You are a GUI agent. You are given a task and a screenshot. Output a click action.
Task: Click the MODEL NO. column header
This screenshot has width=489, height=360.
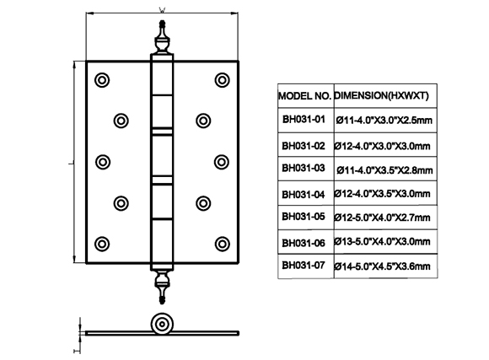pyautogui.click(x=304, y=96)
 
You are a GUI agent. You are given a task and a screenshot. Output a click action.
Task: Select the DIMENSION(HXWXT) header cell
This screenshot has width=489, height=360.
pyautogui.click(x=381, y=95)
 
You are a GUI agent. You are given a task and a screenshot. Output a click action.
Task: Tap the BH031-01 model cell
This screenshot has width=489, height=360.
pyautogui.click(x=304, y=119)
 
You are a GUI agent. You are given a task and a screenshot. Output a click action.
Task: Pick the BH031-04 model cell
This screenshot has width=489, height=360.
pyautogui.click(x=304, y=195)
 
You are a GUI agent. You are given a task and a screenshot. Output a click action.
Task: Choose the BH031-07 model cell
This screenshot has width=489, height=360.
pyautogui.click(x=304, y=266)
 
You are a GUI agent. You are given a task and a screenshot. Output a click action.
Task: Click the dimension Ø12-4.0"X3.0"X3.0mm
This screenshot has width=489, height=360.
pyautogui.click(x=382, y=146)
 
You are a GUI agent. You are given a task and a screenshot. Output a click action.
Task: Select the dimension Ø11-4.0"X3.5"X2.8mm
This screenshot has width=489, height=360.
pyautogui.click(x=384, y=170)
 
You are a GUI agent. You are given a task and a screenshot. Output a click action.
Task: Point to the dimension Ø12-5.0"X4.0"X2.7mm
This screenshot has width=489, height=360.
pyautogui.click(x=382, y=218)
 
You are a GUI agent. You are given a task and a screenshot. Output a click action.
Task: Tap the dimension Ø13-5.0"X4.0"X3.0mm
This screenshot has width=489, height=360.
pyautogui.click(x=382, y=241)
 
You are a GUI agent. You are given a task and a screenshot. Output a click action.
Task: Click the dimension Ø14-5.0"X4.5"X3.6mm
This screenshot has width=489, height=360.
pyautogui.click(x=382, y=266)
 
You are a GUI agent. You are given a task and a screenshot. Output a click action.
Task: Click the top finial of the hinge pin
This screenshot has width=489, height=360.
pyautogui.click(x=162, y=37)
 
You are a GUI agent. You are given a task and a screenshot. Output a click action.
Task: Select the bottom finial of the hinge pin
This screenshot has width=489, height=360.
pyautogui.click(x=162, y=287)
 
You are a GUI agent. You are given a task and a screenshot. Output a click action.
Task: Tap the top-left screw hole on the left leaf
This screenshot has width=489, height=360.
pyautogui.click(x=102, y=80)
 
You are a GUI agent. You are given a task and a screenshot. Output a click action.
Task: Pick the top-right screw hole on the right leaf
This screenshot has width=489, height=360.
pyautogui.click(x=222, y=80)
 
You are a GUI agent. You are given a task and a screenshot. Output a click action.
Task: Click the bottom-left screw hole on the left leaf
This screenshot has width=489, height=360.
pyautogui.click(x=102, y=244)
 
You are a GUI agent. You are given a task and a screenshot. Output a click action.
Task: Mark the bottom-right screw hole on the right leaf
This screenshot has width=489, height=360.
pyautogui.click(x=222, y=244)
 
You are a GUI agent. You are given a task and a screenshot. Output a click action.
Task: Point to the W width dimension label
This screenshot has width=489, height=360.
pyautogui.click(x=162, y=10)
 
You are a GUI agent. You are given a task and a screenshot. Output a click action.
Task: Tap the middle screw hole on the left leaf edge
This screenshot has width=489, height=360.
pyautogui.click(x=103, y=162)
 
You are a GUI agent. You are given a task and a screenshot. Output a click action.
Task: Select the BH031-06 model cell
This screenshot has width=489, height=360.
pyautogui.click(x=304, y=243)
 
